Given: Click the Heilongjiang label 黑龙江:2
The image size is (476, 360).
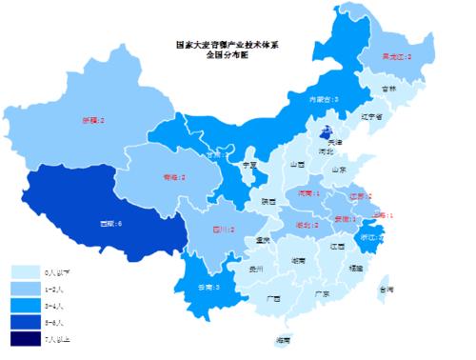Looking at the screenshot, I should pos(396,57).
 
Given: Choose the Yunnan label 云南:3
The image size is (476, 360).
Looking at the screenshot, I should pos(208,287).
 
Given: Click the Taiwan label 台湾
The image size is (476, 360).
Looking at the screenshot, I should pos(386,289).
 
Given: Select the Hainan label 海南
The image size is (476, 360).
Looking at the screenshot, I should pos(283,340).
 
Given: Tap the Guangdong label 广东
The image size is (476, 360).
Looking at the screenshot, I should pos(322,293).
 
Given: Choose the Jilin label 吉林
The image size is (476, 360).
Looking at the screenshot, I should pos(388,89).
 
